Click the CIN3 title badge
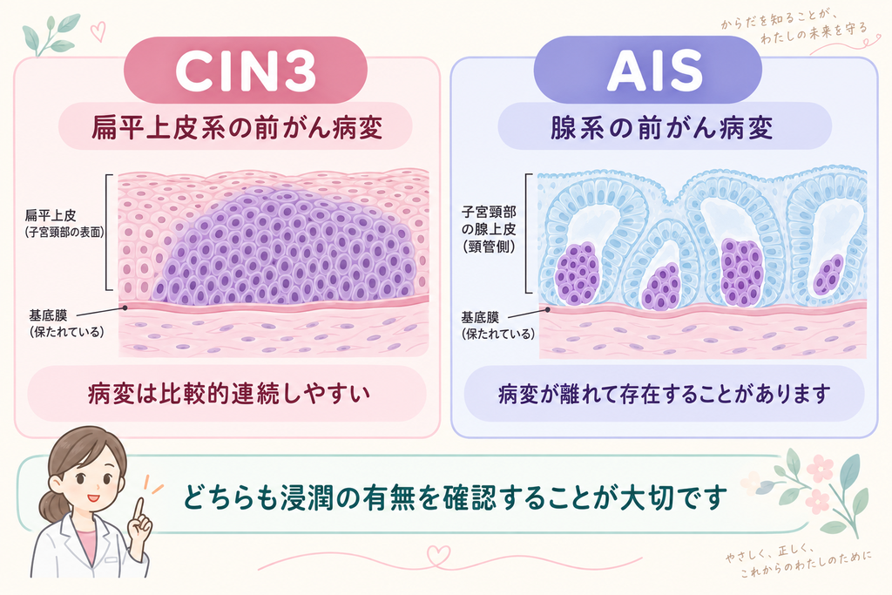(245, 70)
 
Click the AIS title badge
(647, 70)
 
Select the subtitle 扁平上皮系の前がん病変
(236, 127)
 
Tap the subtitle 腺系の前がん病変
(662, 127)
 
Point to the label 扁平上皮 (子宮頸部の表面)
(64, 224)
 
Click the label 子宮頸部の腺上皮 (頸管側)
(489, 229)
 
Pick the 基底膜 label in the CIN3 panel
(66, 323)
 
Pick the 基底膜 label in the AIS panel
(497, 325)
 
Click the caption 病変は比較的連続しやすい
(229, 394)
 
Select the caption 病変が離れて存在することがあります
(664, 394)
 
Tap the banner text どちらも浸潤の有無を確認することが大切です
(455, 497)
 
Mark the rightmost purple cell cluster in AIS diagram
(828, 274)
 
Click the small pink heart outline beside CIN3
(98, 31)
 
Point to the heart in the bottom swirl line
(439, 555)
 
